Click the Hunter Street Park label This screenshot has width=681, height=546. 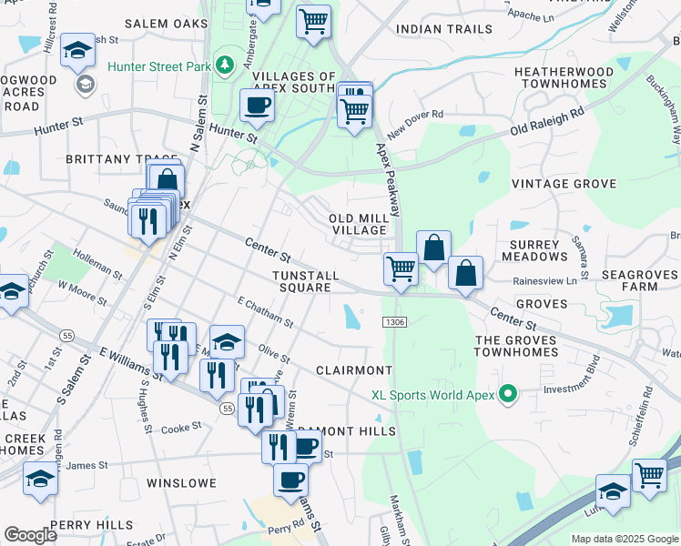pyautogui.click(x=158, y=66)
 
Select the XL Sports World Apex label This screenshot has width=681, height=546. pyautogui.click(x=432, y=395)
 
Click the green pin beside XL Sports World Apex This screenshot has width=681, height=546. pyautogui.click(x=509, y=395)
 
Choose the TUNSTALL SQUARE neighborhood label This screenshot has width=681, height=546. pyautogui.click(x=304, y=281)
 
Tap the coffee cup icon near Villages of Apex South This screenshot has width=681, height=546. pyautogui.click(x=257, y=106)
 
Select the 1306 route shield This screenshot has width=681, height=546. pyautogui.click(x=394, y=321)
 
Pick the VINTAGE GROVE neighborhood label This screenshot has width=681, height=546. pyautogui.click(x=564, y=184)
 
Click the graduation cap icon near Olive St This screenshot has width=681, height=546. pyautogui.click(x=227, y=342)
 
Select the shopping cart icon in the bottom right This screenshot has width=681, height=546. pyautogui.click(x=649, y=475)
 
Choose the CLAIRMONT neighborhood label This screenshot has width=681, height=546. pyautogui.click(x=353, y=370)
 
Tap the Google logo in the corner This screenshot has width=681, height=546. pyautogui.click(x=31, y=535)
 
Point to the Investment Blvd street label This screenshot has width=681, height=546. pyautogui.click(x=572, y=389)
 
